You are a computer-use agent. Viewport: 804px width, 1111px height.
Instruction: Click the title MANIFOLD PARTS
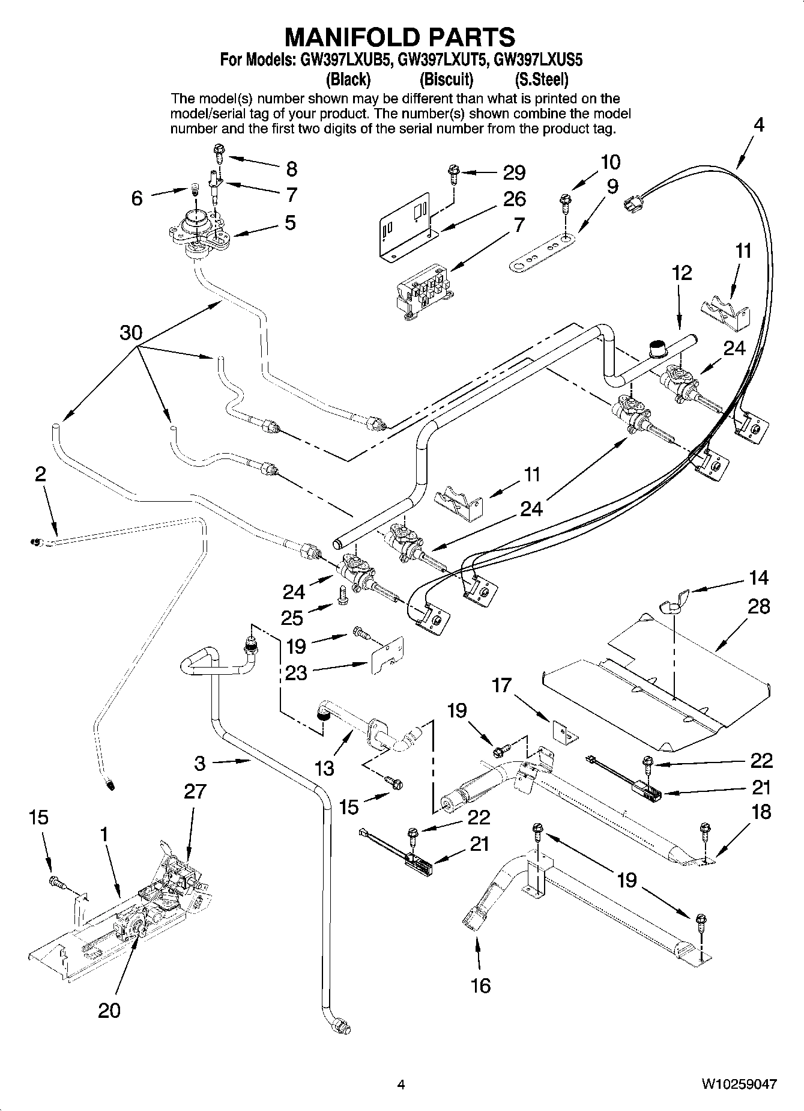(399, 37)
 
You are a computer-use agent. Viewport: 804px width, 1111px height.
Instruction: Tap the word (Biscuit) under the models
(446, 79)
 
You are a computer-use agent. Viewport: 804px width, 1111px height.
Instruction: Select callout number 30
(130, 332)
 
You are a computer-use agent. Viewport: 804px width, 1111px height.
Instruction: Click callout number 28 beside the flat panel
(758, 606)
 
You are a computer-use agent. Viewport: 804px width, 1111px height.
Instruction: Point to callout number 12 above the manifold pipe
(682, 273)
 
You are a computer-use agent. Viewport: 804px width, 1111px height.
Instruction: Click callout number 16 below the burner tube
(481, 985)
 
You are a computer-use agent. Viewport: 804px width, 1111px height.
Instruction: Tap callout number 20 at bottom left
(109, 1010)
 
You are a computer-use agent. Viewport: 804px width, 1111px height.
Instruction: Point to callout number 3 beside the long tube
(200, 763)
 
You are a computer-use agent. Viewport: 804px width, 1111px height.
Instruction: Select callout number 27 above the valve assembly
(195, 791)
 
